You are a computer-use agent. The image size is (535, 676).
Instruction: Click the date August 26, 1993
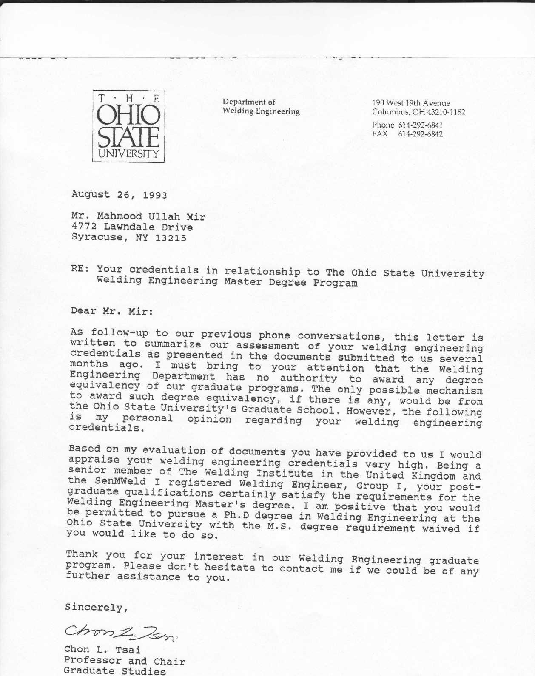coord(119,195)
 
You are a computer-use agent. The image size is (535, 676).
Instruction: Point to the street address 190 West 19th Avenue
coord(411,103)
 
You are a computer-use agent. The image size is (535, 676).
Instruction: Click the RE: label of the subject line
coord(80,269)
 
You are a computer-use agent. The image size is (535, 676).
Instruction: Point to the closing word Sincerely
coord(96,607)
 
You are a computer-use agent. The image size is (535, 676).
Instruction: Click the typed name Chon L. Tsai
coord(102,650)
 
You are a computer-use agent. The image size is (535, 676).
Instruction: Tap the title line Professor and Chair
coord(125,661)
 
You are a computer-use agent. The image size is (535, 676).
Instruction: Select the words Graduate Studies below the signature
coord(114,671)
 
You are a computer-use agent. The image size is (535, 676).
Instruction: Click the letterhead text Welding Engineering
coord(261,112)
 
